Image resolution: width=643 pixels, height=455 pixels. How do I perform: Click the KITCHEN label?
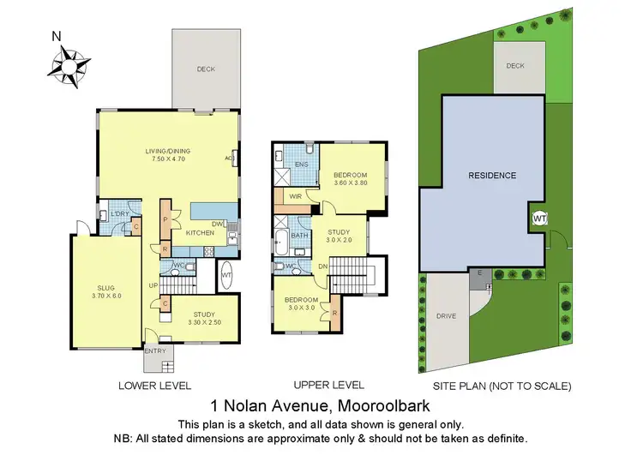click(198, 233)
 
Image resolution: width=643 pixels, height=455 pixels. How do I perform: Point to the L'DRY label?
click(119, 214)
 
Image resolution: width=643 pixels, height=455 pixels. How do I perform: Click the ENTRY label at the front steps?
click(155, 350)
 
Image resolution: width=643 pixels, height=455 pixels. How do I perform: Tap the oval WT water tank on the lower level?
click(226, 275)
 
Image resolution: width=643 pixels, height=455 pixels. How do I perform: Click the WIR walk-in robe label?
click(294, 196)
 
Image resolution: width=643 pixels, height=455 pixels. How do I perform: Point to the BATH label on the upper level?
click(299, 235)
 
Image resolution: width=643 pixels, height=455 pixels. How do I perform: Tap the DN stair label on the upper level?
click(322, 266)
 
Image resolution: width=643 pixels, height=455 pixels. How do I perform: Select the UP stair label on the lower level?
click(153, 284)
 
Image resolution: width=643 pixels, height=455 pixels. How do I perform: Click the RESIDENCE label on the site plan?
click(491, 176)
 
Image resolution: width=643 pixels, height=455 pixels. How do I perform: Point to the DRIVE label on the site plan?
click(445, 315)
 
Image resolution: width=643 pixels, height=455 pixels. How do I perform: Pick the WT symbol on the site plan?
click(539, 219)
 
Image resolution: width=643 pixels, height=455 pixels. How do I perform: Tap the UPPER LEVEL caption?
click(328, 386)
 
